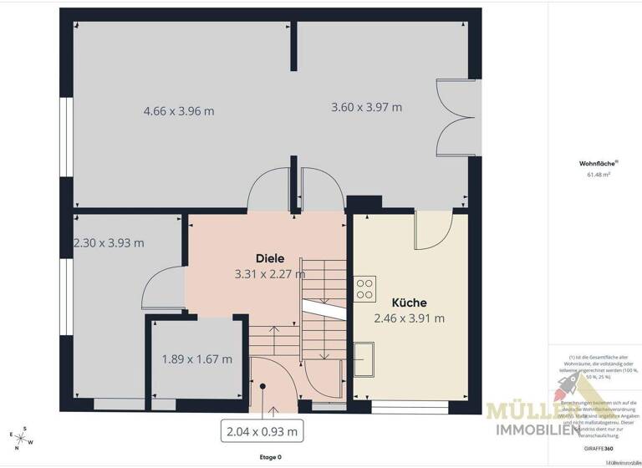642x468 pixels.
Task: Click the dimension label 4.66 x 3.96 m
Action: click(x=179, y=110)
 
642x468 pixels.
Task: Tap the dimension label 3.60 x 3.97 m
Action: click(x=366, y=107)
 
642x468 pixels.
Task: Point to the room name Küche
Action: click(x=410, y=303)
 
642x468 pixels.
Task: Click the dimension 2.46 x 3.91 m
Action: click(x=409, y=318)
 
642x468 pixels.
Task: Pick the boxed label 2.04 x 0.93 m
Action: click(x=262, y=431)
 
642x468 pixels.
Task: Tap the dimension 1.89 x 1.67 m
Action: click(x=196, y=360)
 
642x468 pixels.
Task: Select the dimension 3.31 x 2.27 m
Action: click(x=270, y=273)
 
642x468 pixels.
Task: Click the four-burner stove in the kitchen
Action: click(x=364, y=287)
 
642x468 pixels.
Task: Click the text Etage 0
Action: click(x=269, y=457)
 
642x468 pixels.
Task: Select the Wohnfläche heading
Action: click(x=594, y=164)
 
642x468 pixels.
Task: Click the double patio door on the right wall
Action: click(x=456, y=118)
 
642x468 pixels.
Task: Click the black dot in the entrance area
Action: click(x=263, y=386)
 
